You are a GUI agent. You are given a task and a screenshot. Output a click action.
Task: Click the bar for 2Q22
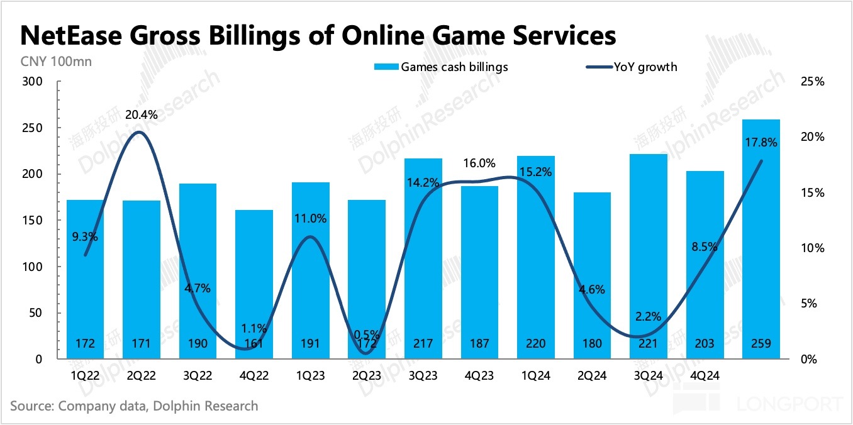tap(142, 277)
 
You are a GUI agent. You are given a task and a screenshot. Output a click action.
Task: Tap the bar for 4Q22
tap(254, 283)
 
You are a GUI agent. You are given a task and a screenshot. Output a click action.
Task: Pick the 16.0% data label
tap(478, 163)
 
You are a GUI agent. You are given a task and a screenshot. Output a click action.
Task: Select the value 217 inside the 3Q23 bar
tap(422, 344)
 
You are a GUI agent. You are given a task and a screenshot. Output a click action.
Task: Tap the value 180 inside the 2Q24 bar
tap(591, 344)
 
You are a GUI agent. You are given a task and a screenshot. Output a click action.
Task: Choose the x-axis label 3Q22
tap(198, 376)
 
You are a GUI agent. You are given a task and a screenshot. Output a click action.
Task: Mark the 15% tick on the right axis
tap(811, 193)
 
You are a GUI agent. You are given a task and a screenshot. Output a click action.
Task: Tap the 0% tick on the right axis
tap(809, 360)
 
